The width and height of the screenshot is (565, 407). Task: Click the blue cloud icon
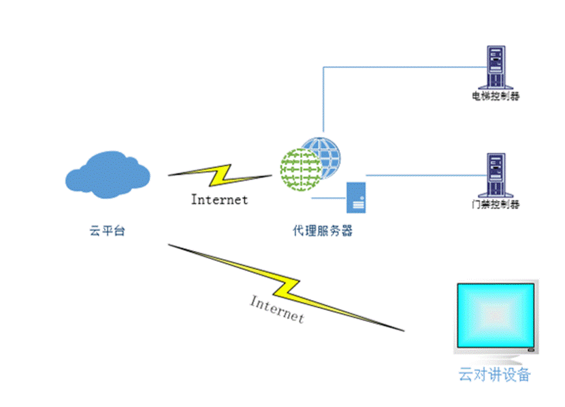tap(108, 176)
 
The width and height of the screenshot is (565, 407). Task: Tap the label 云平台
tap(108, 231)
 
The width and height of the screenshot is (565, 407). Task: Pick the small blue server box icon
tap(356, 198)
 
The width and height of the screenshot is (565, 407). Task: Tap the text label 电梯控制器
tap(496, 97)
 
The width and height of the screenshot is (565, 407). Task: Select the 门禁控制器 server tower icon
tap(496, 175)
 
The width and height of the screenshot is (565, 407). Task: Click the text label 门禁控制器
tap(496, 205)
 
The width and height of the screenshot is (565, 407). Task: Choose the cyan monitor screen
tap(496, 315)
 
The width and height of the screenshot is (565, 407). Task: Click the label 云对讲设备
tap(495, 374)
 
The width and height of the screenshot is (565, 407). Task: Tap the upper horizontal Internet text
tap(219, 200)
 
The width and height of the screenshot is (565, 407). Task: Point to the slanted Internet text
tap(277, 309)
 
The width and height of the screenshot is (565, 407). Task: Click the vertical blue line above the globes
tap(323, 102)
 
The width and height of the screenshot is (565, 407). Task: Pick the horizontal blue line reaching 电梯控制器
tap(402, 67)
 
